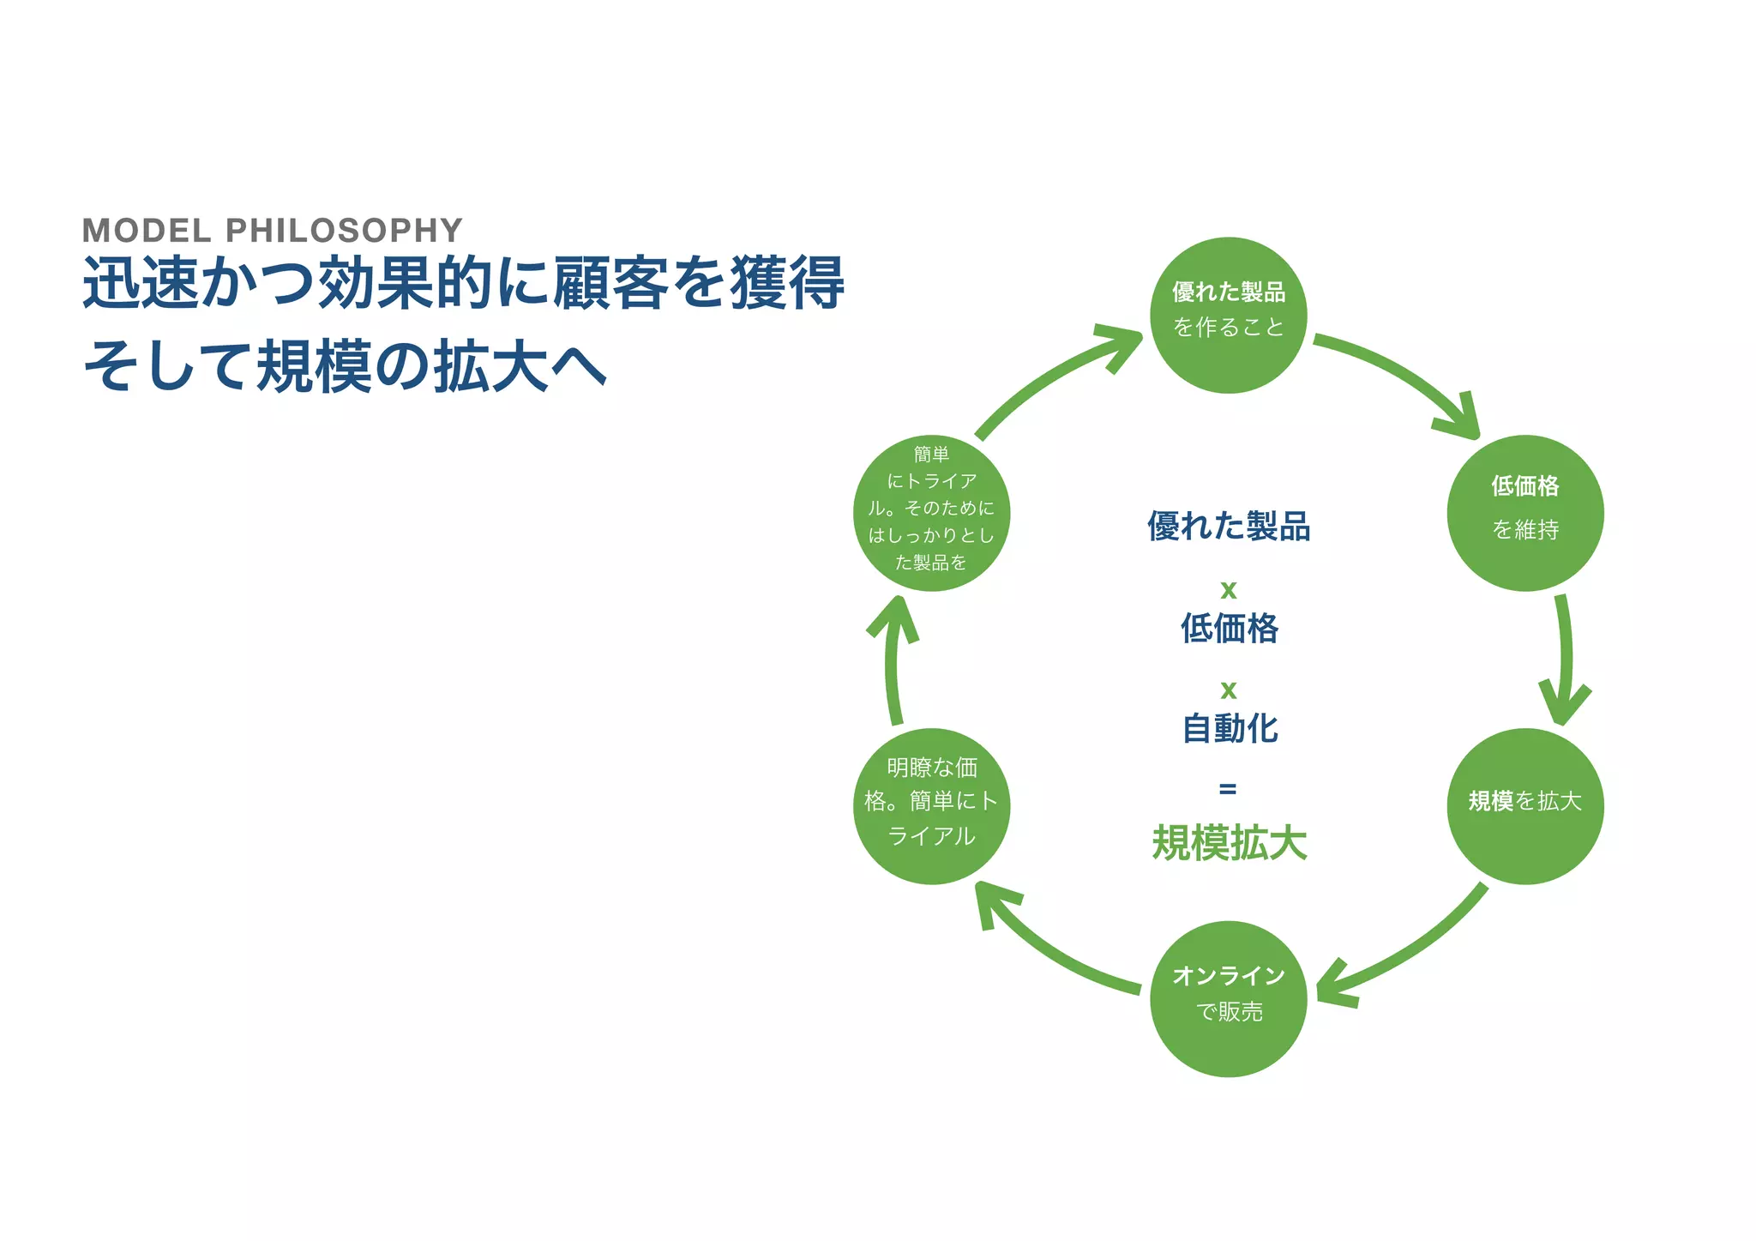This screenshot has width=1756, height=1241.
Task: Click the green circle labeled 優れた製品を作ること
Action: (x=1228, y=315)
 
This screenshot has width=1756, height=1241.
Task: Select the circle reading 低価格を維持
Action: (x=1524, y=512)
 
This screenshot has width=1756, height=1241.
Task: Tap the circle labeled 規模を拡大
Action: (x=1524, y=805)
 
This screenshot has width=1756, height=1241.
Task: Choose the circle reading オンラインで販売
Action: (x=1228, y=998)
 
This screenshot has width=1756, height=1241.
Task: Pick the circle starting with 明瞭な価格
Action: (x=931, y=805)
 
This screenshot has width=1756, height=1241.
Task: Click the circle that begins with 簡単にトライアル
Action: (x=931, y=512)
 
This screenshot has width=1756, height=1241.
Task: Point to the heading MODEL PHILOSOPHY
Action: (x=272, y=230)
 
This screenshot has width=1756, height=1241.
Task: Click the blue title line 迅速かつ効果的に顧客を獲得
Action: (x=463, y=282)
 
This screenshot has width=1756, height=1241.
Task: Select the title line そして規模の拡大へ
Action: (x=345, y=366)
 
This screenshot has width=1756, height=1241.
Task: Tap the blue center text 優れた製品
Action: (x=1229, y=526)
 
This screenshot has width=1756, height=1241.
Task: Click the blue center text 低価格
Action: (x=1229, y=628)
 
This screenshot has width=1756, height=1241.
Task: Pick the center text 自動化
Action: (x=1229, y=728)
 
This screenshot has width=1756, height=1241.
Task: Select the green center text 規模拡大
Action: (x=1229, y=842)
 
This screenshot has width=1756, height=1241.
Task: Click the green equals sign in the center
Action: (x=1228, y=788)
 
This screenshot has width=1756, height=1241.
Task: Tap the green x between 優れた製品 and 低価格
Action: (x=1228, y=590)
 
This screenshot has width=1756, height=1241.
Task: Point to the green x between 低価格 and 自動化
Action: (x=1228, y=690)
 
